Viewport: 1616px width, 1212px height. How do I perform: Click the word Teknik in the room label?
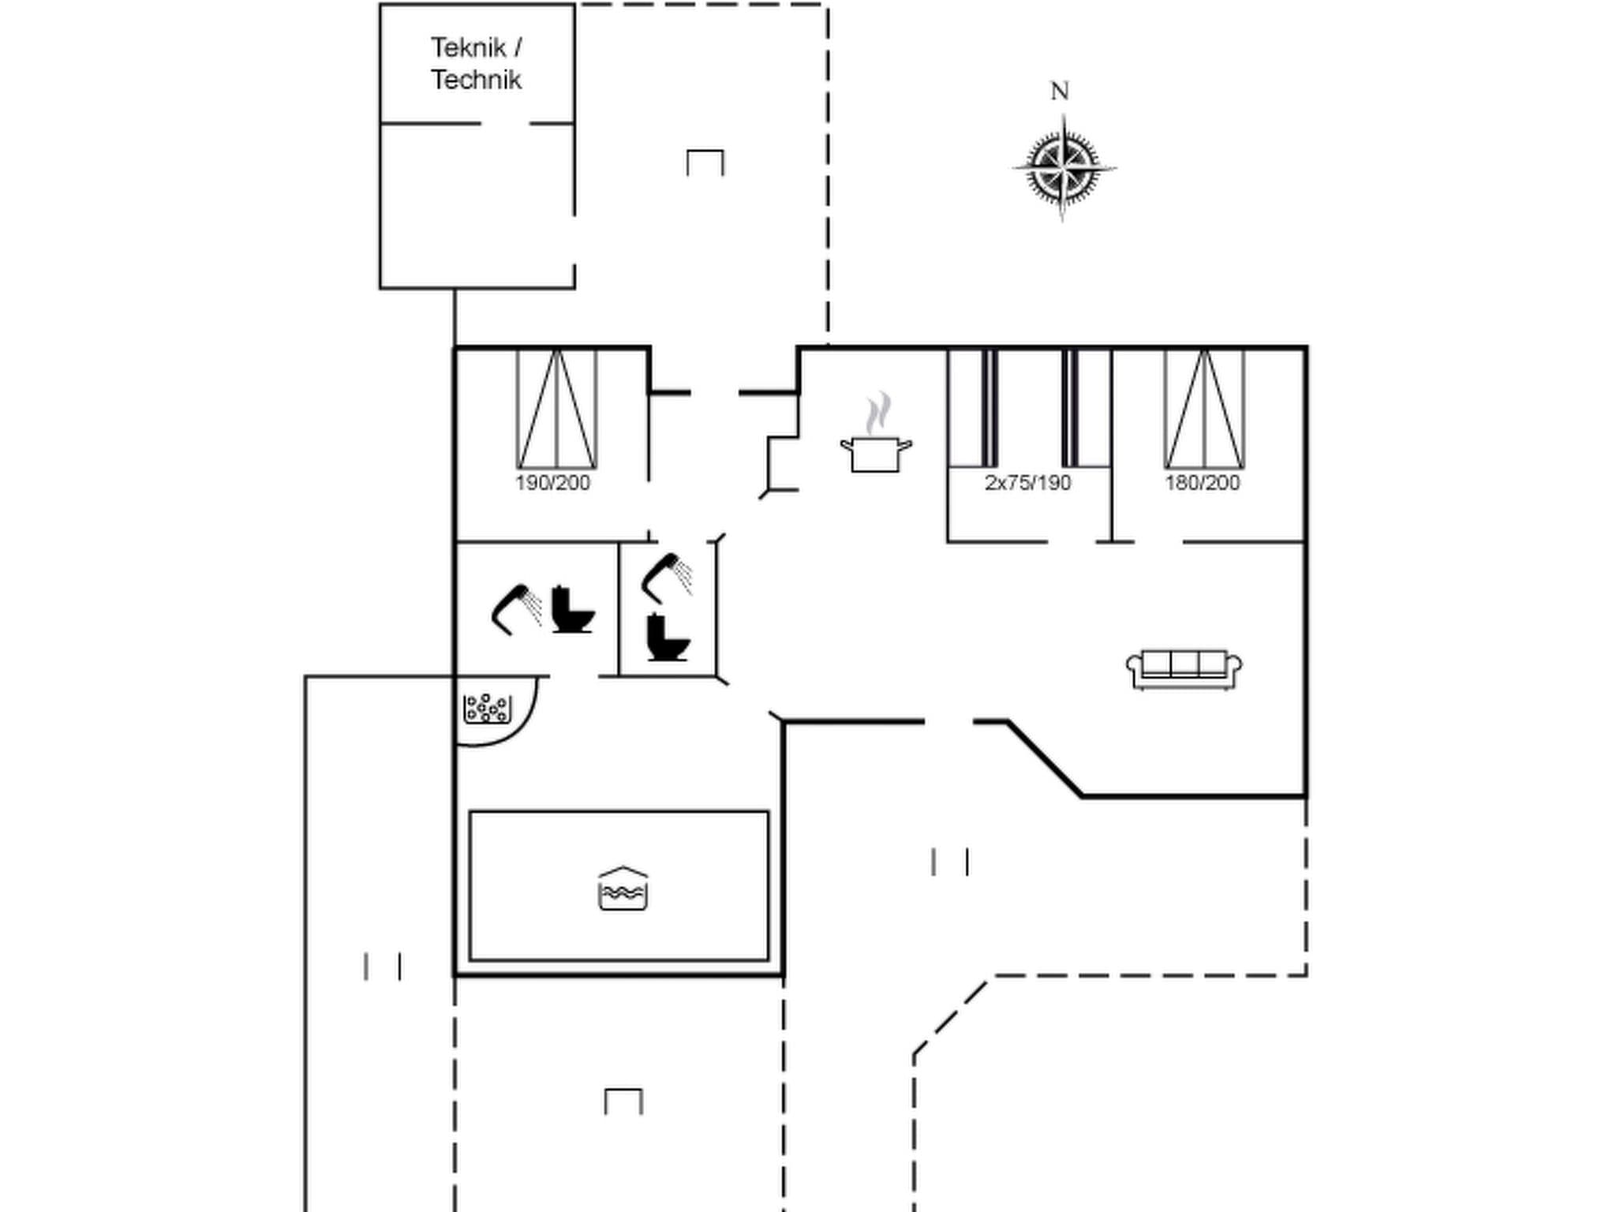coord(468,48)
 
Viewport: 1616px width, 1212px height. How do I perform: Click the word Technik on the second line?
coord(477,80)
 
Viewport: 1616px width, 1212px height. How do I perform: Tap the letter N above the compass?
coord(1060,92)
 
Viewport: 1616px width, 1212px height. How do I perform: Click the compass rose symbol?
coord(1064,167)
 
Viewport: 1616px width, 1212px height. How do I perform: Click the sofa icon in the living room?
coord(1184,669)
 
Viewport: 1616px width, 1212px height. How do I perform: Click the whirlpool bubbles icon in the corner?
coord(487,708)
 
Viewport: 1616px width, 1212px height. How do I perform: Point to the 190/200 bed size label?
coord(552,483)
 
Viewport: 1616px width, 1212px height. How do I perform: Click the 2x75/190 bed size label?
coord(1027,483)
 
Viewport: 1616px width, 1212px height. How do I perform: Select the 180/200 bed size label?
coord(1203,483)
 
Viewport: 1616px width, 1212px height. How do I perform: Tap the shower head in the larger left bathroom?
coord(514,608)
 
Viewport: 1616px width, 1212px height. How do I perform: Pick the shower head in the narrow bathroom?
coord(666,574)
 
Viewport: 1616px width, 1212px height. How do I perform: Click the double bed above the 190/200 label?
coord(556,410)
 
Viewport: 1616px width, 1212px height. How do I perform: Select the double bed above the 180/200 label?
coord(1204,410)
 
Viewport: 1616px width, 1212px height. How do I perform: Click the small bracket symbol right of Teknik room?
coord(705,162)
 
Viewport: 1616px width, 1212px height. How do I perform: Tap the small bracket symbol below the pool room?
coord(623,1101)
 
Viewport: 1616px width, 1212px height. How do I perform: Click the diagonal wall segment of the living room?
coord(1044,759)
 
